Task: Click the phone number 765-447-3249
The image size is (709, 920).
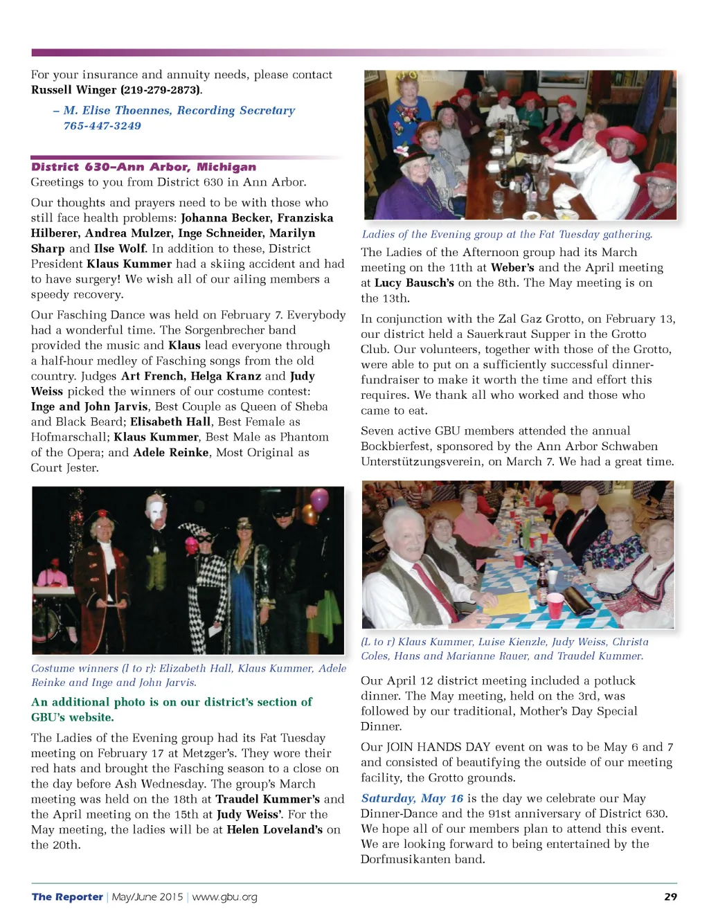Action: [x=102, y=126]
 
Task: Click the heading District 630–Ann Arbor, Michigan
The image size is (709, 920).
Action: [x=143, y=167]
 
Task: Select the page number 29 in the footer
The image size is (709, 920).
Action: [x=670, y=896]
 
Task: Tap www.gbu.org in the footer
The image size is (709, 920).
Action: [x=224, y=897]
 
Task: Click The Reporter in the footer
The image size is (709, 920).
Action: [x=67, y=897]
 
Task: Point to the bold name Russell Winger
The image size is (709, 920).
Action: [x=74, y=90]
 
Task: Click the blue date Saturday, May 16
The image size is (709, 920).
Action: [x=412, y=798]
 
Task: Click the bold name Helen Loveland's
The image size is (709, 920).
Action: [x=274, y=829]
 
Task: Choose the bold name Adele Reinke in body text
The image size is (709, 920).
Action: [x=170, y=453]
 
